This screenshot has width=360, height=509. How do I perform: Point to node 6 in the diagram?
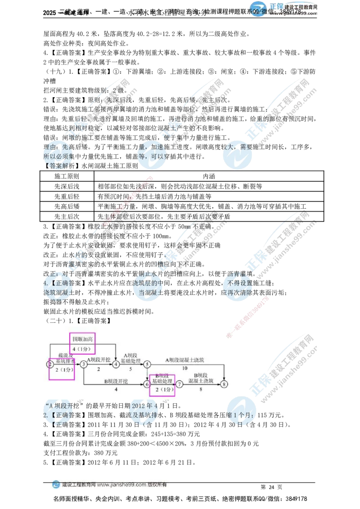pos(147,384)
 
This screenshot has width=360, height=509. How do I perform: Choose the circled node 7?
pos(180,384)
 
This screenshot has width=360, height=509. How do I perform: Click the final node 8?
pos(225,384)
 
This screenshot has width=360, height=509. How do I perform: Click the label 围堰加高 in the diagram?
pos(82,338)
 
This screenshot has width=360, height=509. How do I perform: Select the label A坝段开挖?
pos(99,360)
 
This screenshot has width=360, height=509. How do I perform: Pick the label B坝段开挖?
pos(116,380)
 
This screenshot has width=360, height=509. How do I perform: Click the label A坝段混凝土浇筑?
pos(184,360)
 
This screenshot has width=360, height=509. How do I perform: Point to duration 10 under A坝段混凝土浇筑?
pos(184,368)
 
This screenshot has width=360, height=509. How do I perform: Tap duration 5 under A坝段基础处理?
pos(130,369)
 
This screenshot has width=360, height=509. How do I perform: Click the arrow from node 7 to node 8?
pos(202,384)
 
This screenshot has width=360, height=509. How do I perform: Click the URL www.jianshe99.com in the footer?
pos(121,485)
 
